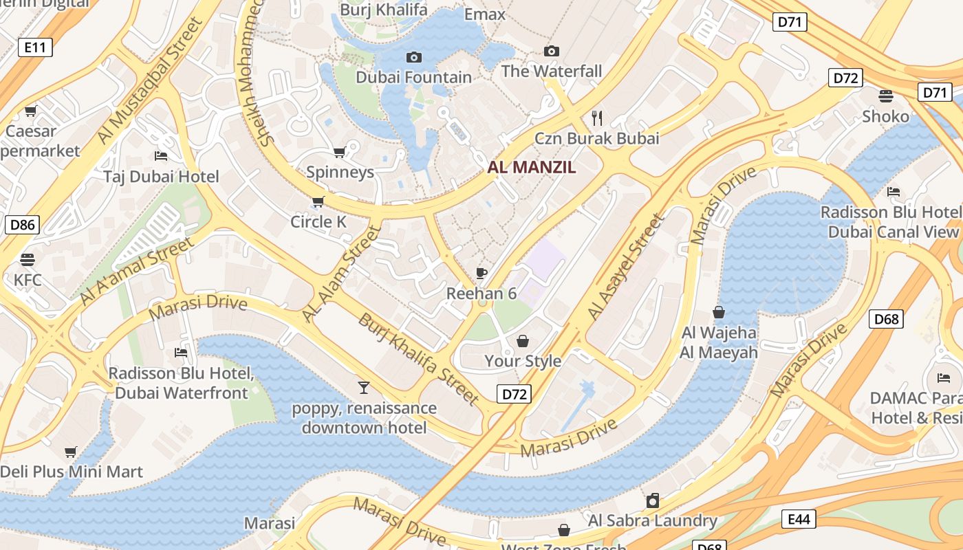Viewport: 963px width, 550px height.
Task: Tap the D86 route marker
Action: [22, 224]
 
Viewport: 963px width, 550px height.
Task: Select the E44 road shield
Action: [798, 519]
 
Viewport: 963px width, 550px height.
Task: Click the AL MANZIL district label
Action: [532, 167]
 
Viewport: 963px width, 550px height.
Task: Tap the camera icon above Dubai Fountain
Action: [414, 57]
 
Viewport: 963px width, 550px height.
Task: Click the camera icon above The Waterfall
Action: [551, 51]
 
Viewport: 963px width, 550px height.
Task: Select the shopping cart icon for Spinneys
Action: [339, 152]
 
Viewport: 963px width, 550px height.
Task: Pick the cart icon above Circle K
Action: [318, 201]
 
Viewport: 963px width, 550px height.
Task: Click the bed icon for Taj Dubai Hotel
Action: [161, 155]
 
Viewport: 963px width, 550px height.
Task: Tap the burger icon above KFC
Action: [28, 260]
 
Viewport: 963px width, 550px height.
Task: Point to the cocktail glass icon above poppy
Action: [364, 388]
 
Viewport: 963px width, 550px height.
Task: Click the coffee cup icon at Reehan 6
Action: [481, 274]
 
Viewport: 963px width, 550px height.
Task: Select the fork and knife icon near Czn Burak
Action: [596, 118]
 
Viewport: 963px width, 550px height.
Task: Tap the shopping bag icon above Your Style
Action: [523, 341]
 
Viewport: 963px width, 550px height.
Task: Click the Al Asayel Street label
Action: [626, 267]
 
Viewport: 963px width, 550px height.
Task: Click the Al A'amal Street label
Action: [137, 272]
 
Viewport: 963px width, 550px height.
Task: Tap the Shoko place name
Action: [885, 116]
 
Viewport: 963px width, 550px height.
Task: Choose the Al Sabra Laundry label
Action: [652, 520]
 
